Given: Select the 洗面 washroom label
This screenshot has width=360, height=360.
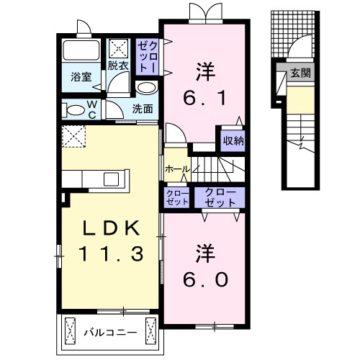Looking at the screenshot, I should pyautogui.click(x=143, y=109).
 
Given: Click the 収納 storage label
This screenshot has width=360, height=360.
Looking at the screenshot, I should pyautogui.click(x=232, y=141).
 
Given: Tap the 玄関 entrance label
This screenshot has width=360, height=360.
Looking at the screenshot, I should pyautogui.click(x=300, y=73).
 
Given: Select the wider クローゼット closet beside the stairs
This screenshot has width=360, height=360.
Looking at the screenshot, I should pyautogui.click(x=219, y=197).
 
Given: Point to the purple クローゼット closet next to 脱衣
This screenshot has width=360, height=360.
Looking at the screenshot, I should pyautogui.click(x=147, y=55).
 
